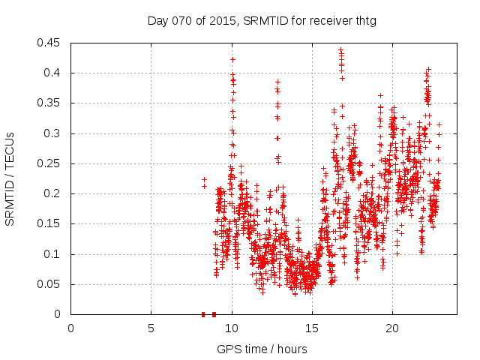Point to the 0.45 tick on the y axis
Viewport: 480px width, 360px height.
(x=51, y=43)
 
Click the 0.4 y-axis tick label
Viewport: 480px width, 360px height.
(x=54, y=73)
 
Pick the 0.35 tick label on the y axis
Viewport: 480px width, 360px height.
(x=51, y=103)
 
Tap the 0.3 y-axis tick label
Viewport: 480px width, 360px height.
(x=54, y=133)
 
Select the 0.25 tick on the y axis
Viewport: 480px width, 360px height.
(x=51, y=163)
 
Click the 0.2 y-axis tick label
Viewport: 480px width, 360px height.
(x=54, y=193)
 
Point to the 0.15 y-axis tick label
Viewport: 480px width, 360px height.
(x=51, y=224)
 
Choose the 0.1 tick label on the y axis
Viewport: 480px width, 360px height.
(x=54, y=254)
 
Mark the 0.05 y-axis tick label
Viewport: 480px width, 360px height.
(x=51, y=284)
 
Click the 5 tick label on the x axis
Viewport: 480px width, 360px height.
(x=151, y=328)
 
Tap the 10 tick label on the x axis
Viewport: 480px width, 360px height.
(x=231, y=328)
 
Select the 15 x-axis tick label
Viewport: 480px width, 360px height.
(x=311, y=328)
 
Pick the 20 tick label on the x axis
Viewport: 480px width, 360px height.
(x=391, y=328)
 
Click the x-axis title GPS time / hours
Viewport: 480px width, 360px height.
(x=262, y=349)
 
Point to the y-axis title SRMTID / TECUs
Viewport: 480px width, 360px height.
(x=10, y=178)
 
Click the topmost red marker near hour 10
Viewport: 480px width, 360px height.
(x=232, y=58)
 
